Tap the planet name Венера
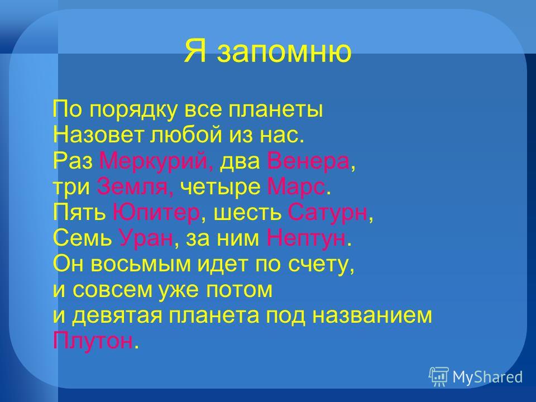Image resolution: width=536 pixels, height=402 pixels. coord(308,161)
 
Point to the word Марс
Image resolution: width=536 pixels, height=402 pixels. coord(296,188)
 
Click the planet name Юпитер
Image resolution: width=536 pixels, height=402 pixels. coord(156,213)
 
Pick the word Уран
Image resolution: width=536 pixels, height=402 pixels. coord(146,238)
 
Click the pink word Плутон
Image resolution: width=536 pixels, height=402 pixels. coord(93,341)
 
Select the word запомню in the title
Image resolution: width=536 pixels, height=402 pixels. coord(284,52)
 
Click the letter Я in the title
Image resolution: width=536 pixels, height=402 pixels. coord(195,51)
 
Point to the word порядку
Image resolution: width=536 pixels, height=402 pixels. coord(134,111)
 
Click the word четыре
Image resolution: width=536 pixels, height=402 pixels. coord(220,188)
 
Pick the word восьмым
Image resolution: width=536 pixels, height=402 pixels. coord(141,264)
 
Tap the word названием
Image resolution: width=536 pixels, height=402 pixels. coord(372,315)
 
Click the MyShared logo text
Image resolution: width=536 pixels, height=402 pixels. coord(487,377)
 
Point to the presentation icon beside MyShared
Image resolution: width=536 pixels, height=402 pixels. coord(439,377)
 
